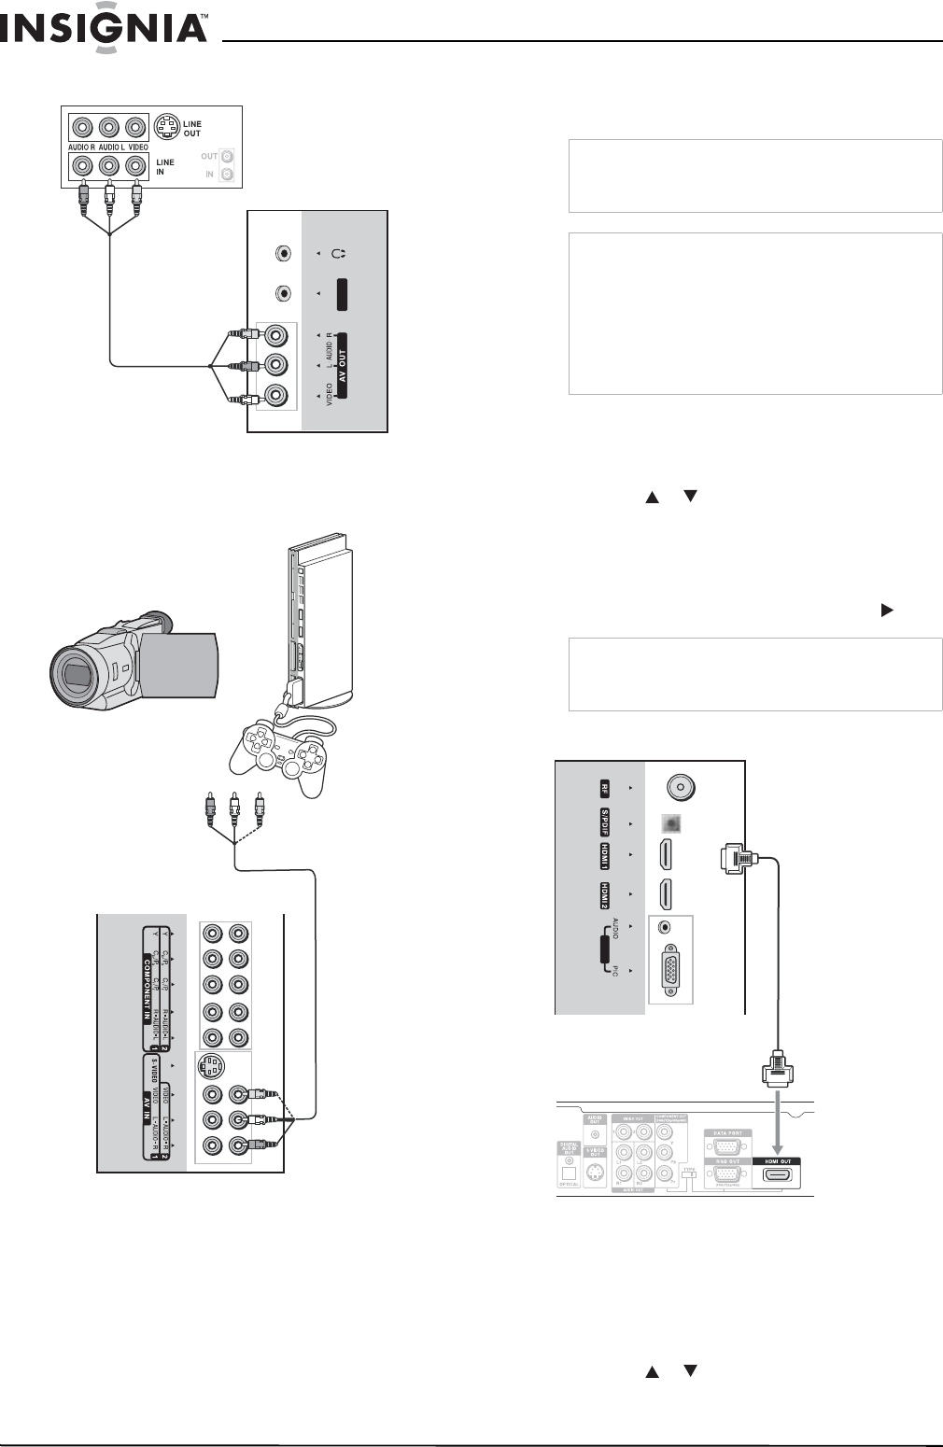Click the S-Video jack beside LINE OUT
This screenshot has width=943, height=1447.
click(166, 127)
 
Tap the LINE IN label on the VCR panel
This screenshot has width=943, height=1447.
click(165, 166)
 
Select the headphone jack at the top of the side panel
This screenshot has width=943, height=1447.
click(283, 252)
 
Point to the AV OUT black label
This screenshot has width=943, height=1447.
click(342, 364)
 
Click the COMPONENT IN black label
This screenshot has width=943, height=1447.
click(147, 987)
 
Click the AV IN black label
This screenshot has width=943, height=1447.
click(147, 1107)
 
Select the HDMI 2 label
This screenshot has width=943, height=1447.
click(605, 895)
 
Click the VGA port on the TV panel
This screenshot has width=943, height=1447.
click(671, 969)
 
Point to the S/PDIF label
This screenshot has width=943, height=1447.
click(605, 824)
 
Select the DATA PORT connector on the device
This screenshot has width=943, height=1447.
click(728, 1146)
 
